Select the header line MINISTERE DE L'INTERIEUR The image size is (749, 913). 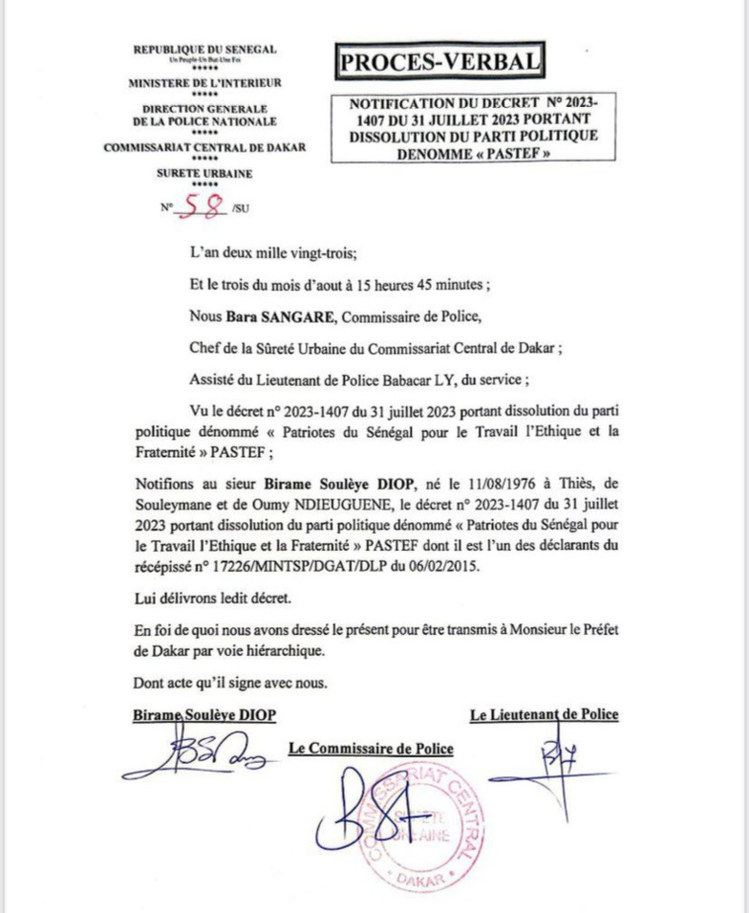pyautogui.click(x=204, y=83)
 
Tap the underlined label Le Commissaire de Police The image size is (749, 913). pyautogui.click(x=371, y=749)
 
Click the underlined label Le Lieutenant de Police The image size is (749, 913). pyautogui.click(x=544, y=714)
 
